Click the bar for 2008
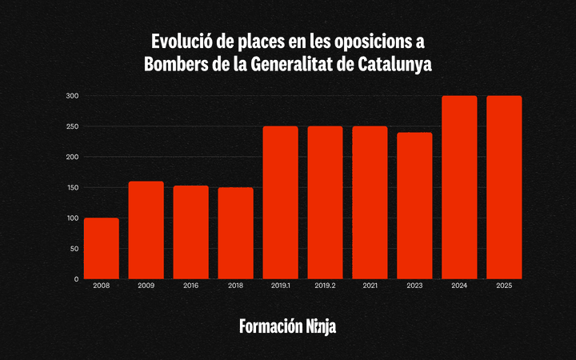(x=102, y=249)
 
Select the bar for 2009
(x=146, y=230)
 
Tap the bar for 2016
(x=191, y=233)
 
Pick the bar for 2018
(x=236, y=234)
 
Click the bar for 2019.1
(x=281, y=203)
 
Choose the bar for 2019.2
(x=326, y=203)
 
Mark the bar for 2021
(x=370, y=203)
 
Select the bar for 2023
(x=414, y=206)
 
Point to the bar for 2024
(x=459, y=188)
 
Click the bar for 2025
(x=504, y=188)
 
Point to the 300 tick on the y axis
(x=72, y=96)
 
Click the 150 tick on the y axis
(x=72, y=187)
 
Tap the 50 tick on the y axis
(x=74, y=249)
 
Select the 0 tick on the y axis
(x=77, y=279)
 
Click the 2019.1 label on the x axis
(x=281, y=286)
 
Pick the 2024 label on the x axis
(x=459, y=286)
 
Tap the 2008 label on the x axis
(x=102, y=286)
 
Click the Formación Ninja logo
(x=288, y=326)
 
